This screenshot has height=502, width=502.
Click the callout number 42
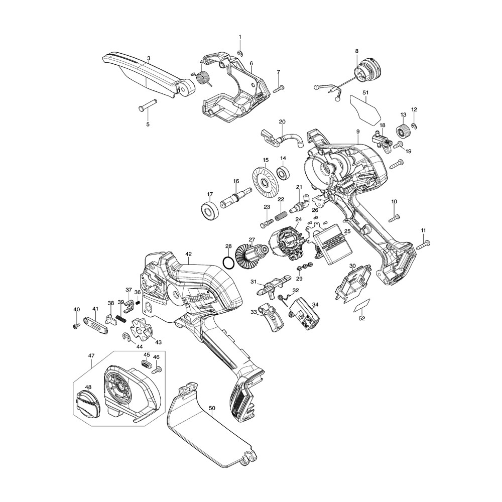click(x=188, y=254)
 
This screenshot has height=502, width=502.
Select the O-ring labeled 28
click(x=228, y=263)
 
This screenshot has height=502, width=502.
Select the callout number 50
click(x=212, y=408)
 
